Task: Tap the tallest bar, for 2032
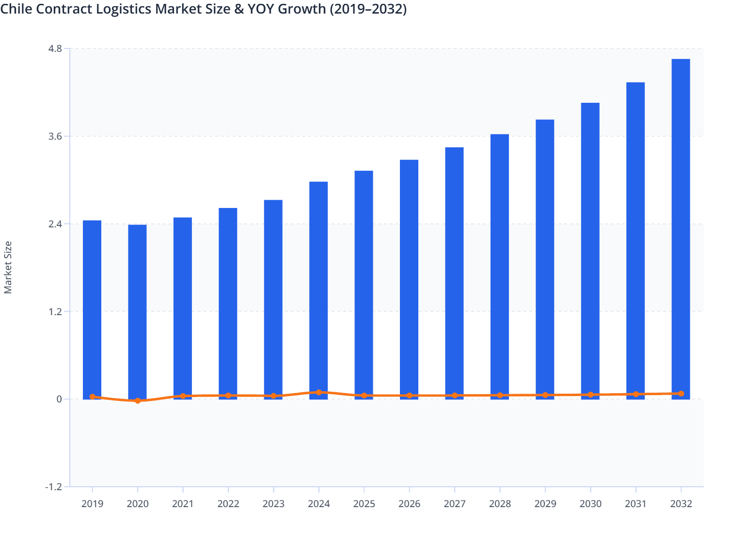[x=681, y=228]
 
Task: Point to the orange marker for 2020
[x=138, y=401]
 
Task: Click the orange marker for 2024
[x=318, y=392]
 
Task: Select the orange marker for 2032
[x=681, y=394]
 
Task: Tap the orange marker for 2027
[x=455, y=396]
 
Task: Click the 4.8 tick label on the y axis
[x=55, y=48]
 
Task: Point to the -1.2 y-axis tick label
[x=53, y=487]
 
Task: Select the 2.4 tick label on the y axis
[x=55, y=224]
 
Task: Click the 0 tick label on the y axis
[x=59, y=399]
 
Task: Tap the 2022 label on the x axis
[x=228, y=504]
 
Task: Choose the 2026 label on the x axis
[x=409, y=504]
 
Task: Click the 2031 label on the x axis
[x=636, y=504]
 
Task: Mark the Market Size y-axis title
[x=8, y=267]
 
